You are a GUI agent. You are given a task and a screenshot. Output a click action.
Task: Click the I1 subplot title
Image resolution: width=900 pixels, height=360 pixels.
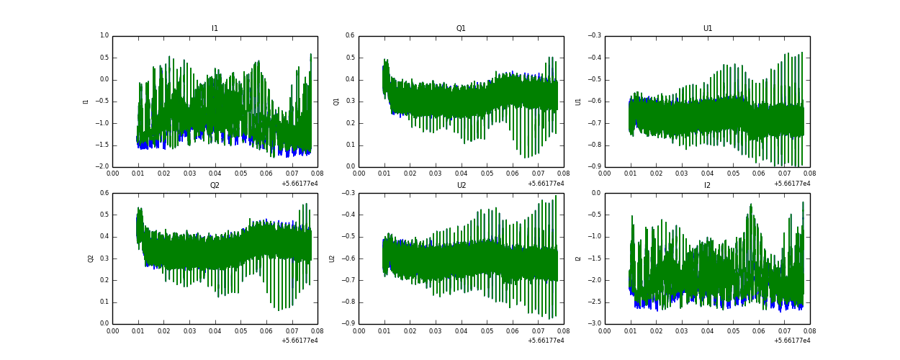coord(215,29)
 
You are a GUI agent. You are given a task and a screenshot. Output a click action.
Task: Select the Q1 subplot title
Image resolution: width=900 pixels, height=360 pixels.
coord(461,29)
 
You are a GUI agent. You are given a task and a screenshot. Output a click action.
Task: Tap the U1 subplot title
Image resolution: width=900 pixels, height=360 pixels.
coord(707,29)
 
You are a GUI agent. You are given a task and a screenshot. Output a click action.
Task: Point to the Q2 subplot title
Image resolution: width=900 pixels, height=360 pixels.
coord(215,186)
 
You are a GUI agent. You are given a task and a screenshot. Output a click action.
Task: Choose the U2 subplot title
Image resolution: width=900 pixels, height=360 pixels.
coord(461,186)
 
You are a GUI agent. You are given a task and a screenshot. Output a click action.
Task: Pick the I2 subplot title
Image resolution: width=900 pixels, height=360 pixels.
coord(707,186)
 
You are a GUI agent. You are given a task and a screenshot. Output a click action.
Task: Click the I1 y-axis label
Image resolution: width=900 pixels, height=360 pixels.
coord(86,102)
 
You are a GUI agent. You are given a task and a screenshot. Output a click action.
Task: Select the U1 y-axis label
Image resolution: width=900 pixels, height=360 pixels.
coord(578,102)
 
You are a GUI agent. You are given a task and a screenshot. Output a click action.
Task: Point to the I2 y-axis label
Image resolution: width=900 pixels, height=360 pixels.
coord(578,258)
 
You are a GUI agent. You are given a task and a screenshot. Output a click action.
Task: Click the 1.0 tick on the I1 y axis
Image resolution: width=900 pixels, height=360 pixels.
coord(104,36)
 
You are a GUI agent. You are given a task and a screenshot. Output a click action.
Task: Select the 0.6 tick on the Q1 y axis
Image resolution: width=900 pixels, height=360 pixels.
coord(351,36)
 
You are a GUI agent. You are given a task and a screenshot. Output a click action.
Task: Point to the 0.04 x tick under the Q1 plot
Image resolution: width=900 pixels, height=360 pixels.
coord(461,174)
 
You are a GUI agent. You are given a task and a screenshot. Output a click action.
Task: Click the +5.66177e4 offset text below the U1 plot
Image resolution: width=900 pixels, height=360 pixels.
coord(792,184)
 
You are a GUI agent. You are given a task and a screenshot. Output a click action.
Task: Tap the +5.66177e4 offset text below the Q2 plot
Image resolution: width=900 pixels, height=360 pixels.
coord(300,341)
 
